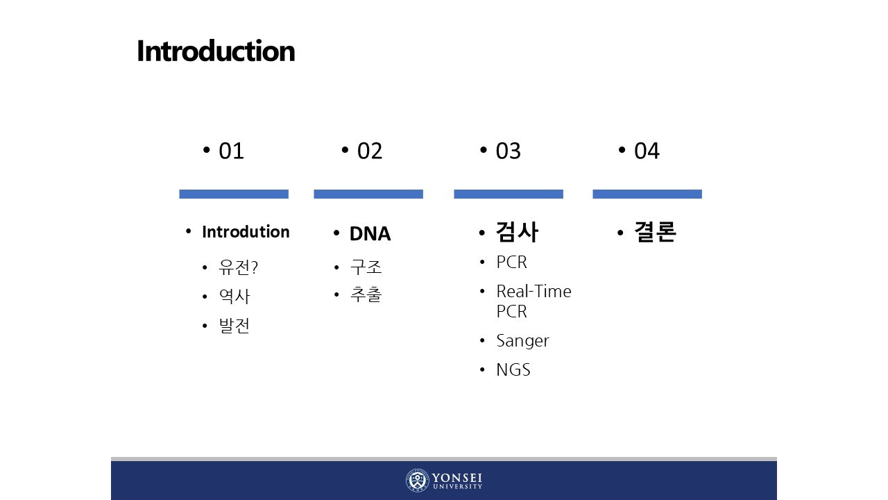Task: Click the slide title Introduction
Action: click(x=216, y=51)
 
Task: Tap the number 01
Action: click(x=231, y=151)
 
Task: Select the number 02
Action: click(x=370, y=151)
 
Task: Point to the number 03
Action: click(x=508, y=151)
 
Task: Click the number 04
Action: click(x=647, y=151)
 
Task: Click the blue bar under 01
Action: click(x=234, y=194)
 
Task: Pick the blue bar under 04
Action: click(x=647, y=194)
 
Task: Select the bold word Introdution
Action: click(x=246, y=232)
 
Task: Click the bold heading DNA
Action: click(x=370, y=233)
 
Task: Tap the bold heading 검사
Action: click(x=517, y=232)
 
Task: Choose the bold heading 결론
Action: click(x=655, y=231)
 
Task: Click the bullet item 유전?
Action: click(x=238, y=267)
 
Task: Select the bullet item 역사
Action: click(x=234, y=297)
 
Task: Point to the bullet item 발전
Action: click(x=234, y=326)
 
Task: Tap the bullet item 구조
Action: click(x=366, y=267)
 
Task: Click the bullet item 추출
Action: click(x=366, y=294)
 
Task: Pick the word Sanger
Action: click(x=522, y=341)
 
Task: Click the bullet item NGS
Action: click(x=513, y=370)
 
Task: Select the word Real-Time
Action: click(x=533, y=291)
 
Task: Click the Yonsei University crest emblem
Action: click(x=418, y=480)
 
